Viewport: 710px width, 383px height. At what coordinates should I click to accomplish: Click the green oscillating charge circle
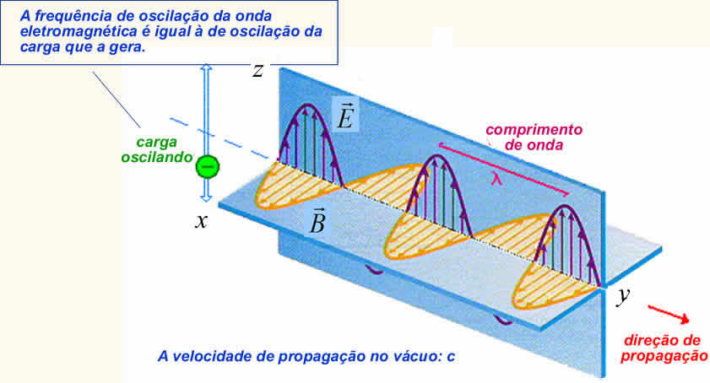point(207,166)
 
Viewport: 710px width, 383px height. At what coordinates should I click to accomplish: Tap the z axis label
point(259,70)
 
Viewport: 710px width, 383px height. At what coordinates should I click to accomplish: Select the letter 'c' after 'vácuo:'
point(452,355)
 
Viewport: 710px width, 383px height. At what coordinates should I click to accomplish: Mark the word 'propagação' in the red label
point(663,356)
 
